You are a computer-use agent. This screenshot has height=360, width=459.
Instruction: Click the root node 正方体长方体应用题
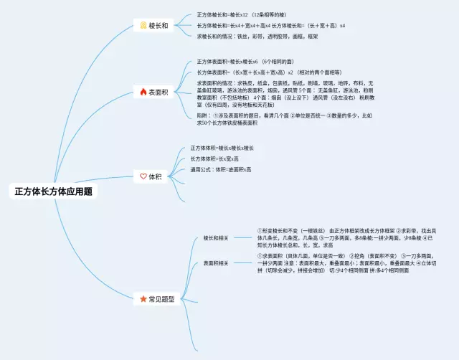point(53,191)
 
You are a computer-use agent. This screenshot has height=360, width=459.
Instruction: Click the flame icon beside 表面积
point(143,92)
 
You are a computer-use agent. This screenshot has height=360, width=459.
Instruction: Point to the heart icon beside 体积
point(143,176)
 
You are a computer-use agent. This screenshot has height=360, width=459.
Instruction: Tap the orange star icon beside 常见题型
point(143,298)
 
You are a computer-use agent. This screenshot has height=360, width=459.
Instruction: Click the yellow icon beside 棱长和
point(143,26)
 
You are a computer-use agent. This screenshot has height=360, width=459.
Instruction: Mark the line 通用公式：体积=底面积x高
point(221,169)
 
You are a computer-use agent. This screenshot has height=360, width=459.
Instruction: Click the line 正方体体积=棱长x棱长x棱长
point(222,148)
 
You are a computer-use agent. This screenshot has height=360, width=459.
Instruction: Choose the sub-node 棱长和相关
point(215,237)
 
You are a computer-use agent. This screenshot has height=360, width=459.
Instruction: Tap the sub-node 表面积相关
point(215,263)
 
